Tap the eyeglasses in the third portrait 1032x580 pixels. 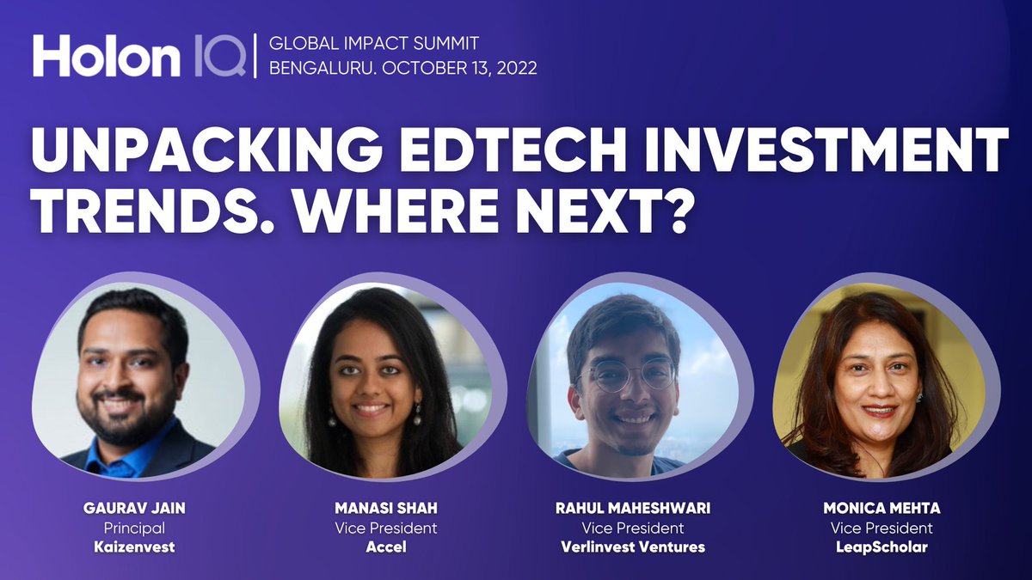[632, 375]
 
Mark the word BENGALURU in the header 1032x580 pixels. [319, 69]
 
